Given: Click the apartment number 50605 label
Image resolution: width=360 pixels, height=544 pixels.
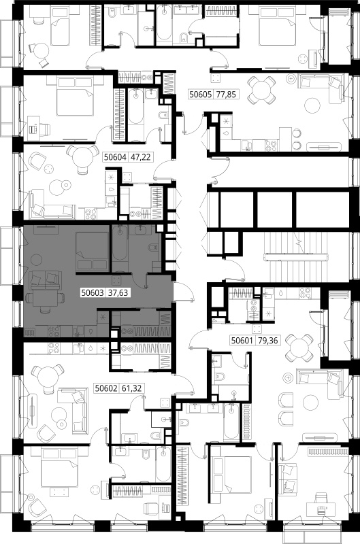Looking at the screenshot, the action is tap(201, 94).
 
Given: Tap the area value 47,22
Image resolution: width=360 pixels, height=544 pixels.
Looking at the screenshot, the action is tap(141, 157).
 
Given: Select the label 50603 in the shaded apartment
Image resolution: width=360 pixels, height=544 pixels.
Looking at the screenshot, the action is tap(93, 293).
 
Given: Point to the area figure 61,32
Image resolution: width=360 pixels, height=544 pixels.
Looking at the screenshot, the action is tap(132, 388).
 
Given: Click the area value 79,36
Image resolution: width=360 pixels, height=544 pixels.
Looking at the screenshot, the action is tap(268, 341).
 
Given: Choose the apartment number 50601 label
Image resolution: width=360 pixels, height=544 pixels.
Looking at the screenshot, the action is tap(242, 341).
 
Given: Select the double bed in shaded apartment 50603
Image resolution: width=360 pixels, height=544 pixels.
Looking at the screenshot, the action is tap(92, 251).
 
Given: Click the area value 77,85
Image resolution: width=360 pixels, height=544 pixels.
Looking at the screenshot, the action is tap(227, 94).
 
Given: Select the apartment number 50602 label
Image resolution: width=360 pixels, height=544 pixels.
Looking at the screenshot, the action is tap(106, 388).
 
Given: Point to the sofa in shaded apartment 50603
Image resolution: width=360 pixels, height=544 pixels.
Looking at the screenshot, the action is tap(46, 280).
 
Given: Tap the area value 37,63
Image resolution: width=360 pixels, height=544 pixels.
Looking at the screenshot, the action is tap(118, 293).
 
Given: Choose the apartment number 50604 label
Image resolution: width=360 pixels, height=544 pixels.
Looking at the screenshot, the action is tap(115, 157).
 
